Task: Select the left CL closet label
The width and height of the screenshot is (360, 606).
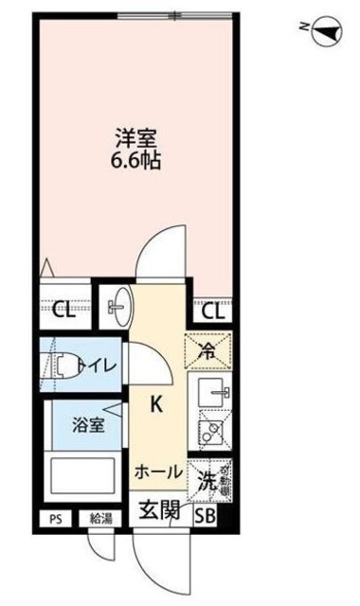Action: (64, 308)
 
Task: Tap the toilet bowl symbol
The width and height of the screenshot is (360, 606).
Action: (66, 365)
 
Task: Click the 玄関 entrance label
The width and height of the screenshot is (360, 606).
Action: (160, 510)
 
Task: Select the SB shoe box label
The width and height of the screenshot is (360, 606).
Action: (206, 515)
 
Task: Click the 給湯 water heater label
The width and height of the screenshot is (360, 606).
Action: (101, 518)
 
